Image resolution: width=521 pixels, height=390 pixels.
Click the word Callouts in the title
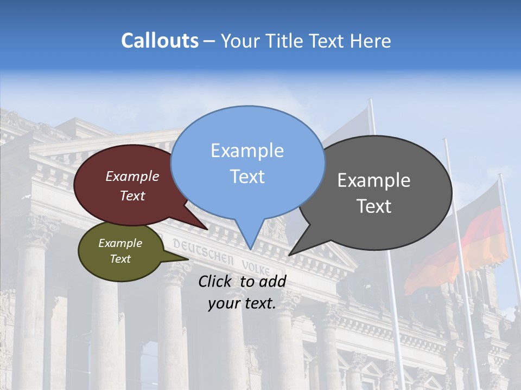tap(160, 41)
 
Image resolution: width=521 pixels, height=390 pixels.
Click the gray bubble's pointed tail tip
tap(289, 255)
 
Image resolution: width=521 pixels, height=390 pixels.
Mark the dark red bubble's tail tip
tap(208, 230)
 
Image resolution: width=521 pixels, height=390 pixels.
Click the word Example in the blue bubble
tap(247, 151)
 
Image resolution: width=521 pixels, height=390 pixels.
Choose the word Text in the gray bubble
tap(374, 206)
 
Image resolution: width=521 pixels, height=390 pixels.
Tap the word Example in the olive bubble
tap(120, 243)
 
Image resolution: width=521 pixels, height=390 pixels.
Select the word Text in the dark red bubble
tap(132, 196)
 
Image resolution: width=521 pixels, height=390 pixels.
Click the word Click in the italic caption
tap(216, 281)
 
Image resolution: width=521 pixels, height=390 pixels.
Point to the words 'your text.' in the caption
tap(242, 303)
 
